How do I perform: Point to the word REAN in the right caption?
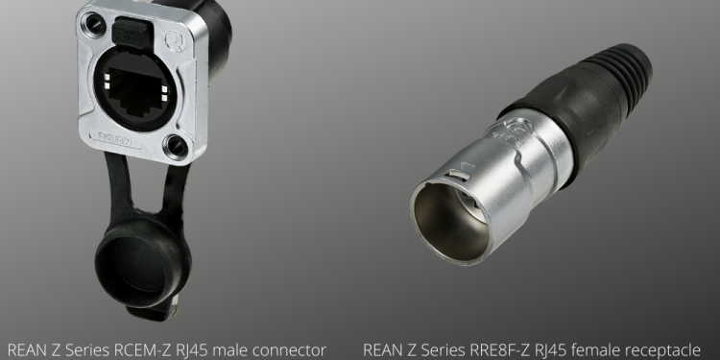(x=383, y=349)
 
